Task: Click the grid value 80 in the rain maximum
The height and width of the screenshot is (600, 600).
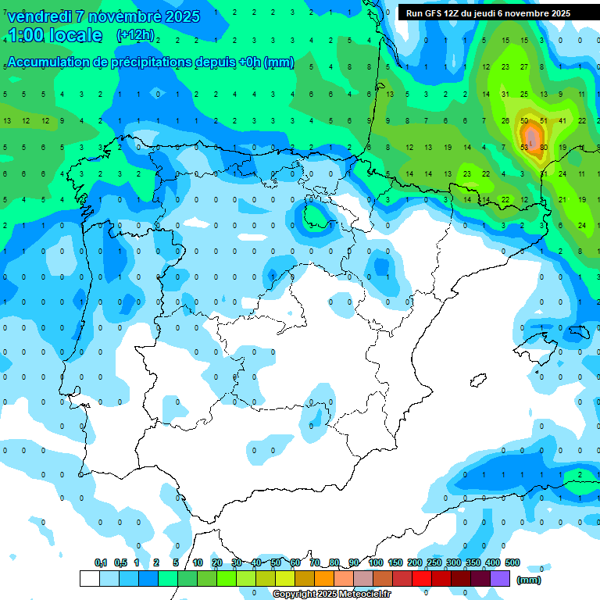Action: tap(543, 147)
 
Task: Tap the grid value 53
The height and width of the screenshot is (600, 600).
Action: tap(523, 147)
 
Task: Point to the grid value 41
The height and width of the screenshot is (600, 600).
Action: tap(562, 121)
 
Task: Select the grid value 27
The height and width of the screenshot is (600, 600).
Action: tap(524, 67)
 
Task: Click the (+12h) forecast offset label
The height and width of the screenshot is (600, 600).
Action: tap(135, 35)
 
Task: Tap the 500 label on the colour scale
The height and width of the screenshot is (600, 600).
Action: tap(512, 562)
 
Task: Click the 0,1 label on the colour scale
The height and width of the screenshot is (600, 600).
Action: tap(101, 562)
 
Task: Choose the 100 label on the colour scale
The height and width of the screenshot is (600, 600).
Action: tap(376, 562)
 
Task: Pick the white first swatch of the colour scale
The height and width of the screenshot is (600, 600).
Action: tap(90, 578)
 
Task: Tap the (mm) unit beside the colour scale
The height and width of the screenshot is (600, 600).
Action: tap(530, 580)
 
